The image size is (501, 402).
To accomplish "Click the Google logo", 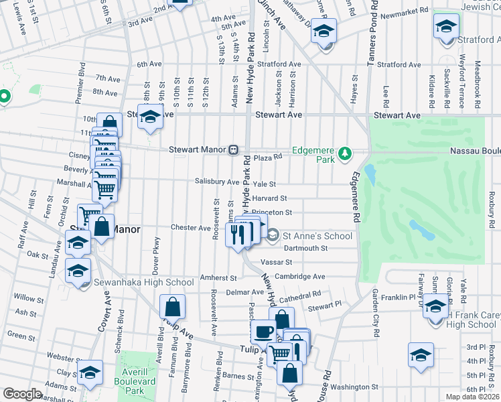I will click(x=22, y=394).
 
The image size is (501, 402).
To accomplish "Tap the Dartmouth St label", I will click(x=305, y=248).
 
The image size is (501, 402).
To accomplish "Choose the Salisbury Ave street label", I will click(x=217, y=182).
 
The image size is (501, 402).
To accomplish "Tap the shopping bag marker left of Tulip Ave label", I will click(x=172, y=308).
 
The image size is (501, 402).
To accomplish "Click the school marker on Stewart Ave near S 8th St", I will click(x=151, y=117).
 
